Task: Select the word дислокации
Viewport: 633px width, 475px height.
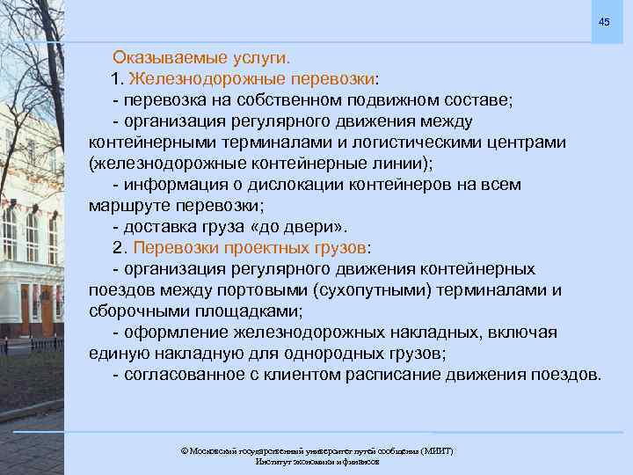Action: coord(304,185)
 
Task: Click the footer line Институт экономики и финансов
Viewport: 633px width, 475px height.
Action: coord(317,462)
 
